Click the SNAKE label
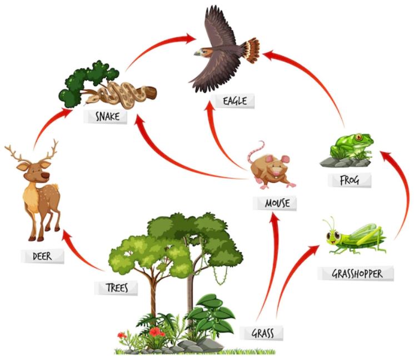pos(106,117)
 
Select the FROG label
pos(350,180)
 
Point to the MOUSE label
pos(275,203)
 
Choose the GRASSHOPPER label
pos(356,273)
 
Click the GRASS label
pos(261,333)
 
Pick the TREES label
pos(116,288)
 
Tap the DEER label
pos(42,256)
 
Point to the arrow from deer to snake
pos(46,124)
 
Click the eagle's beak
pos(197,53)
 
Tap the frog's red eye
pos(358,137)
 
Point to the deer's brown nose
pos(46,176)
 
